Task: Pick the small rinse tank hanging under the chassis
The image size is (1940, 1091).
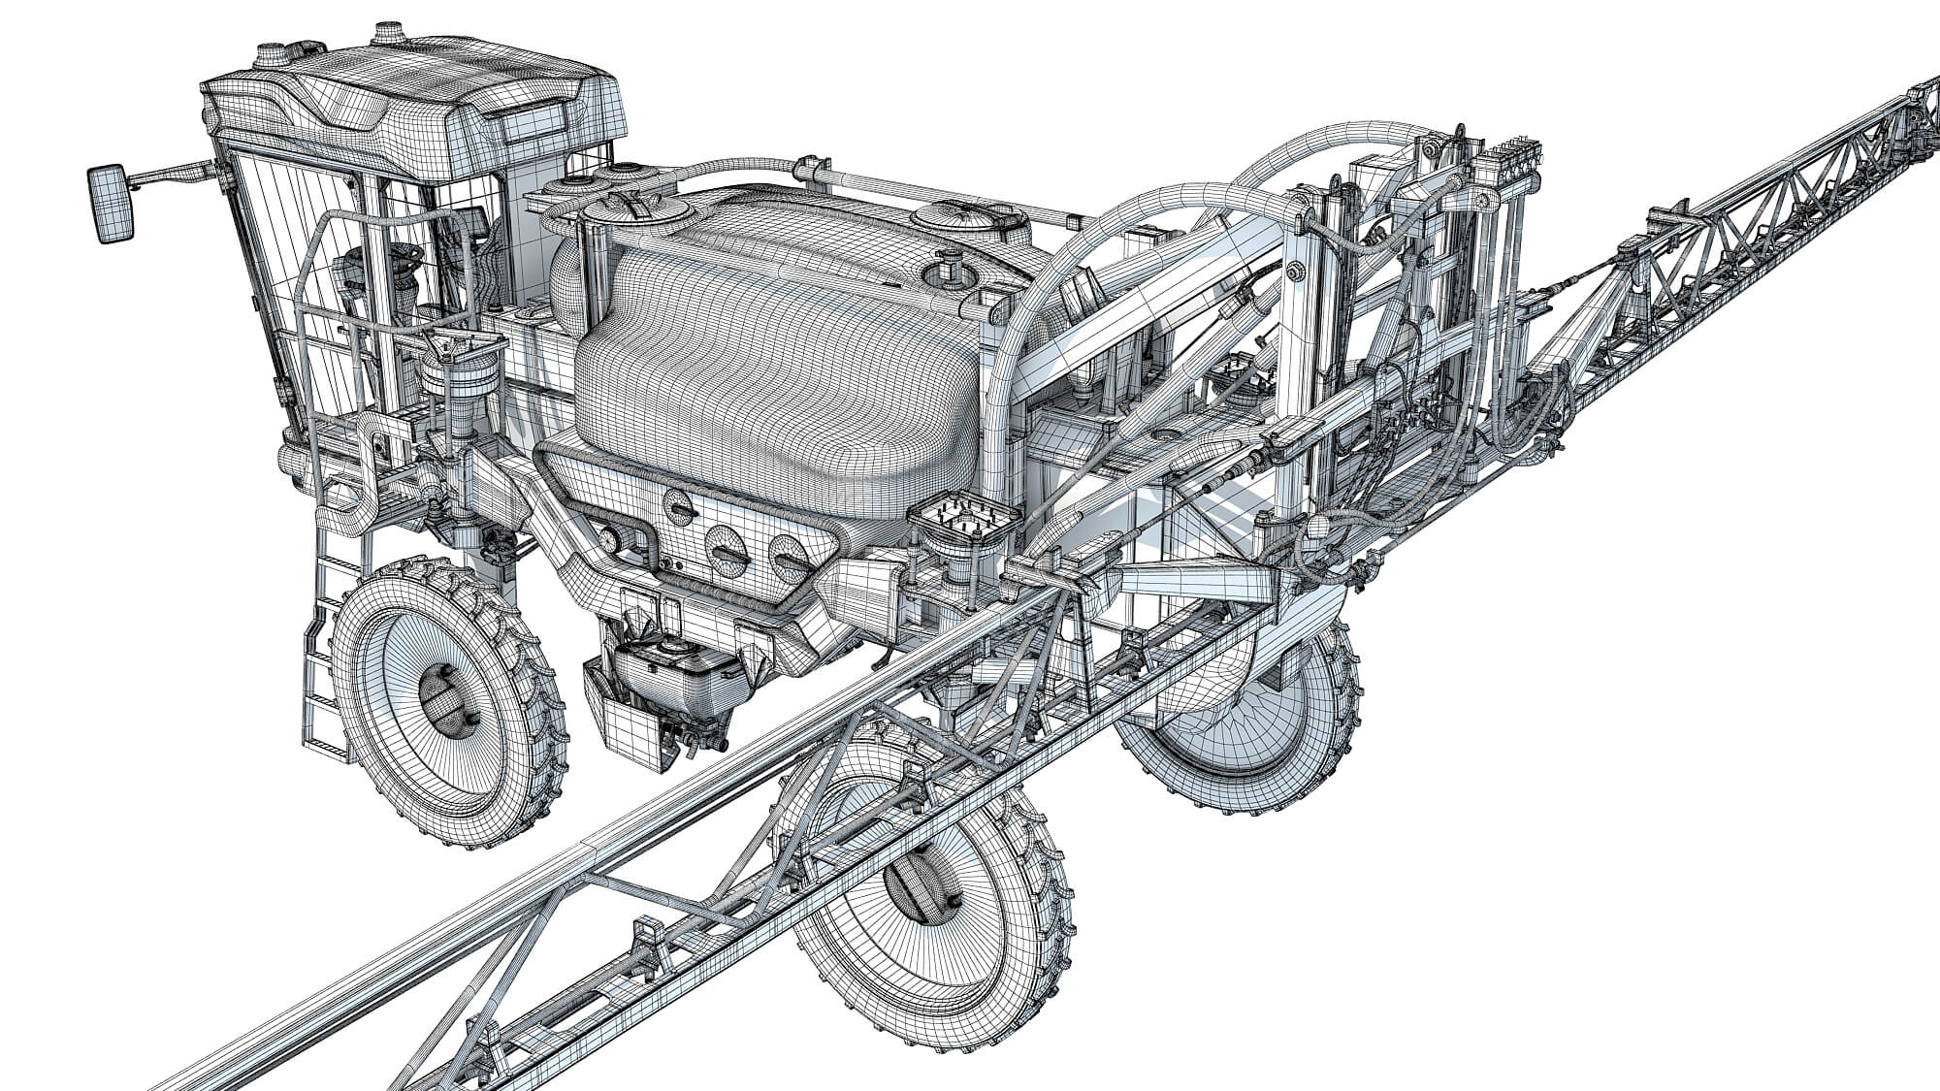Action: (x=660, y=689)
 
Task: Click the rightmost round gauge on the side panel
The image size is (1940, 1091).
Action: (x=785, y=557)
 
